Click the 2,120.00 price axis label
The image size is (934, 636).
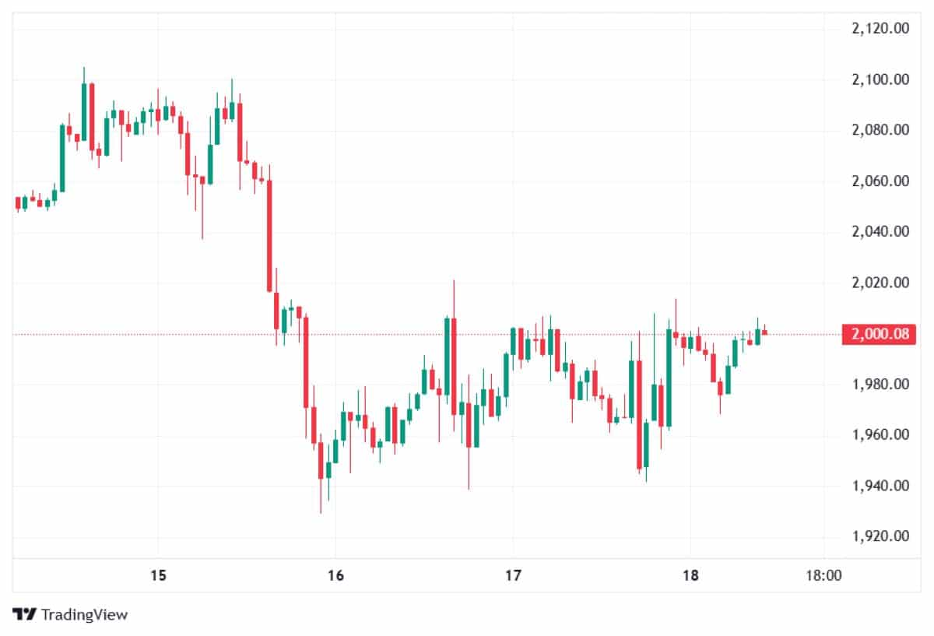click(880, 29)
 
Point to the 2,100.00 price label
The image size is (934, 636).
click(880, 79)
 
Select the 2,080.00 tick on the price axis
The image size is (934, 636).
click(880, 130)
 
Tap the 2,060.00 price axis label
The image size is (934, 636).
click(880, 181)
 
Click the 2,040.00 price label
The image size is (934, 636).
click(880, 232)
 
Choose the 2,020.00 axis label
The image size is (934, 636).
click(880, 283)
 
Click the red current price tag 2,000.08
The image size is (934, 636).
click(880, 335)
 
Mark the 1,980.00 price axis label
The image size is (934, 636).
click(880, 385)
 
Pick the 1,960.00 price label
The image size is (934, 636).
click(880, 435)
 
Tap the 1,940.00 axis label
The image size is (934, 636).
click(880, 486)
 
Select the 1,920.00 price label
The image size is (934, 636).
click(880, 536)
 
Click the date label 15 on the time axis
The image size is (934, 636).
click(158, 576)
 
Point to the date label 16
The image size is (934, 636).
click(335, 576)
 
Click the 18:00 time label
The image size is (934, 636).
click(823, 576)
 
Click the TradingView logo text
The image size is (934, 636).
click(83, 615)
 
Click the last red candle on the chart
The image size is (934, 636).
click(764, 332)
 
